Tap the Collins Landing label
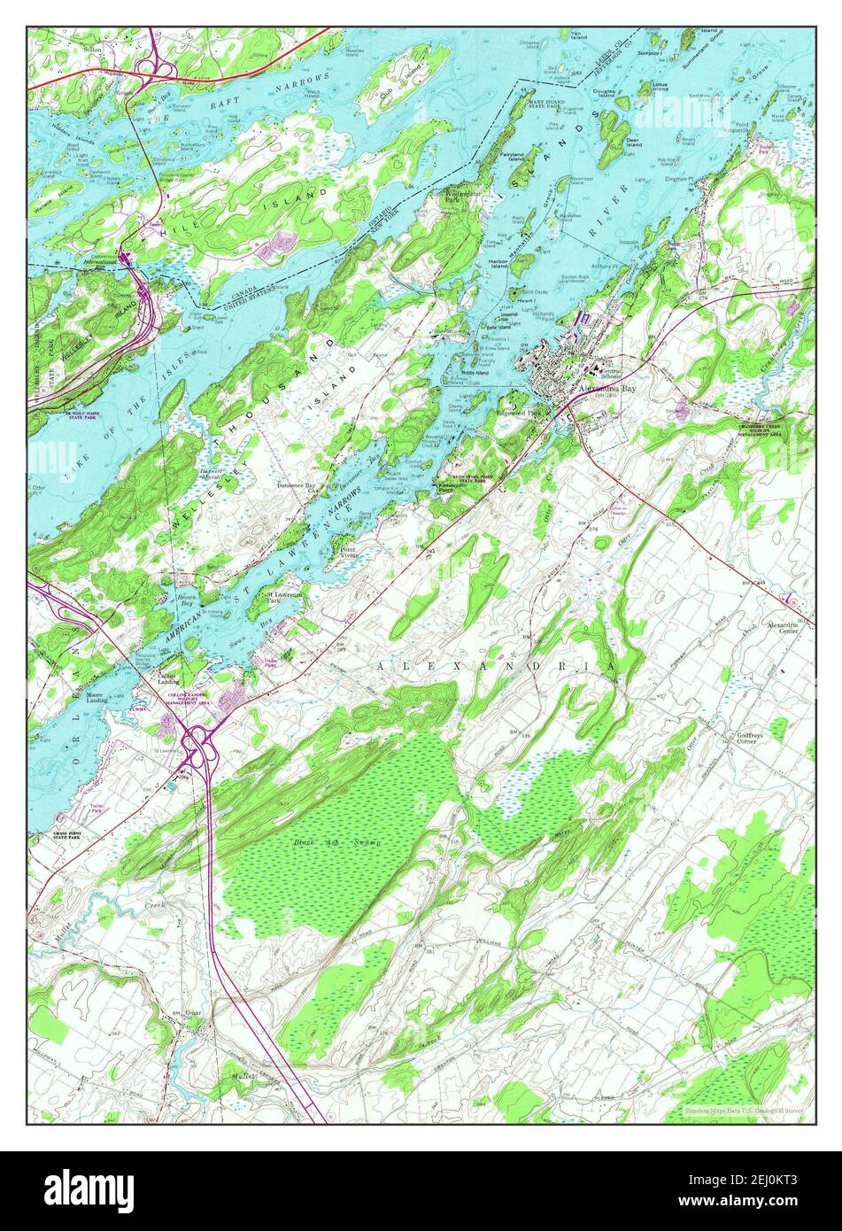click(169, 678)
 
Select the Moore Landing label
click(97, 697)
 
